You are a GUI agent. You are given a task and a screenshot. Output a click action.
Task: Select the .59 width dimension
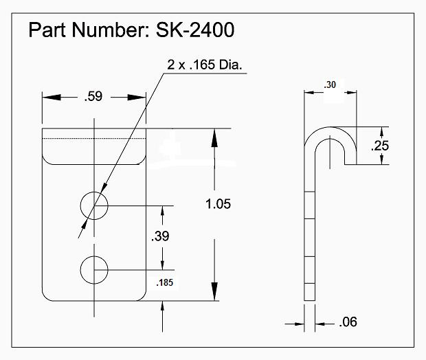click(x=93, y=97)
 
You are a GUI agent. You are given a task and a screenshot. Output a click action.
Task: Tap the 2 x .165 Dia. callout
click(x=207, y=65)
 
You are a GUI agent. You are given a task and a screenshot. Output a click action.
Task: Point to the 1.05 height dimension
click(x=217, y=203)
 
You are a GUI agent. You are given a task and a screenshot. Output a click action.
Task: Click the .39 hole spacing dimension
click(x=161, y=236)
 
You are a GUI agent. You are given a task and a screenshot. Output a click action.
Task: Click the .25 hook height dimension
click(x=380, y=146)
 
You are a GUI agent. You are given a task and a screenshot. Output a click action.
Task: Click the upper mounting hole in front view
click(x=94, y=205)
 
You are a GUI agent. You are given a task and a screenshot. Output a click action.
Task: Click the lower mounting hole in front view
click(x=94, y=269)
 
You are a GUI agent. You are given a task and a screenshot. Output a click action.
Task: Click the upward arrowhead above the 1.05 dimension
click(x=216, y=137)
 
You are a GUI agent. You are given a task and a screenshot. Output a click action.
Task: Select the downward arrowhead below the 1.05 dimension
click(x=216, y=292)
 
